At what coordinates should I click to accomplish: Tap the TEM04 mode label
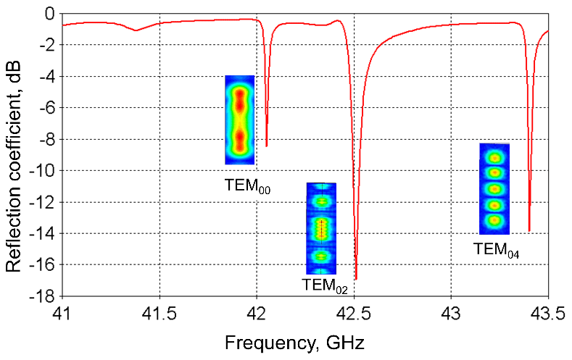(497, 250)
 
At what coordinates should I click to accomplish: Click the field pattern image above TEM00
(240, 120)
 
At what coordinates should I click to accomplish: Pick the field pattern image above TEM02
(321, 227)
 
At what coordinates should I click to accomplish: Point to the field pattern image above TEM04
(495, 188)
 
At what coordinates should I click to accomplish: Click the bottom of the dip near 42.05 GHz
(267, 146)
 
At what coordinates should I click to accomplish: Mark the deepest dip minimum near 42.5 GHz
(356, 278)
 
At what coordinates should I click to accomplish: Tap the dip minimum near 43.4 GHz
(529, 230)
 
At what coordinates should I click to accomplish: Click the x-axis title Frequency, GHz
(294, 341)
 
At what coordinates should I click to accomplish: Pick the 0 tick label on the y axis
(49, 14)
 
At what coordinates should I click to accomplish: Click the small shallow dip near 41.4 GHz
(136, 30)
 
